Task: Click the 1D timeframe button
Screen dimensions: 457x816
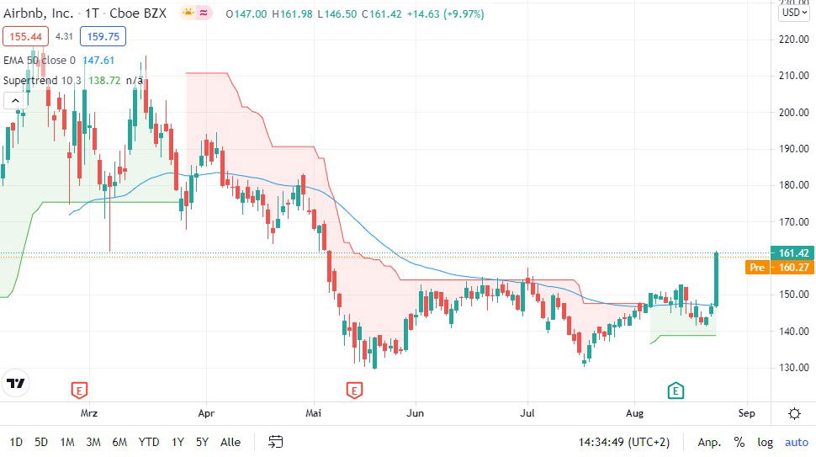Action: (17, 442)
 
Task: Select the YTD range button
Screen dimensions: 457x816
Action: (149, 442)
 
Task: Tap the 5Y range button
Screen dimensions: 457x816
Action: (202, 442)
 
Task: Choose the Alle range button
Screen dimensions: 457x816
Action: (230, 442)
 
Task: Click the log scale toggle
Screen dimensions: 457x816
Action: (765, 442)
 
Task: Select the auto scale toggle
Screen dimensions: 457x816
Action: (796, 442)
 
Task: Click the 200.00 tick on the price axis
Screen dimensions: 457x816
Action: (793, 112)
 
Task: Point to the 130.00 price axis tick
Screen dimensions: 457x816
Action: (793, 368)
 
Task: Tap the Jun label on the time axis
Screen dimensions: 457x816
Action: (414, 413)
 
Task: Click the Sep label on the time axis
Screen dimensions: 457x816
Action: (746, 413)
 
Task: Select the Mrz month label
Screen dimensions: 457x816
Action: (89, 413)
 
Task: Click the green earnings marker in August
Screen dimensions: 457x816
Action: (676, 391)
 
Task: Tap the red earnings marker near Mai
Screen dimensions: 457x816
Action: (354, 391)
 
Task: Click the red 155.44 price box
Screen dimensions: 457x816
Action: (25, 36)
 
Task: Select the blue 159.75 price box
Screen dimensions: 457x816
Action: (103, 36)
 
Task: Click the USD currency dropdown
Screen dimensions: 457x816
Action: (793, 12)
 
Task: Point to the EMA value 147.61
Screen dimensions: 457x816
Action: (98, 60)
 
